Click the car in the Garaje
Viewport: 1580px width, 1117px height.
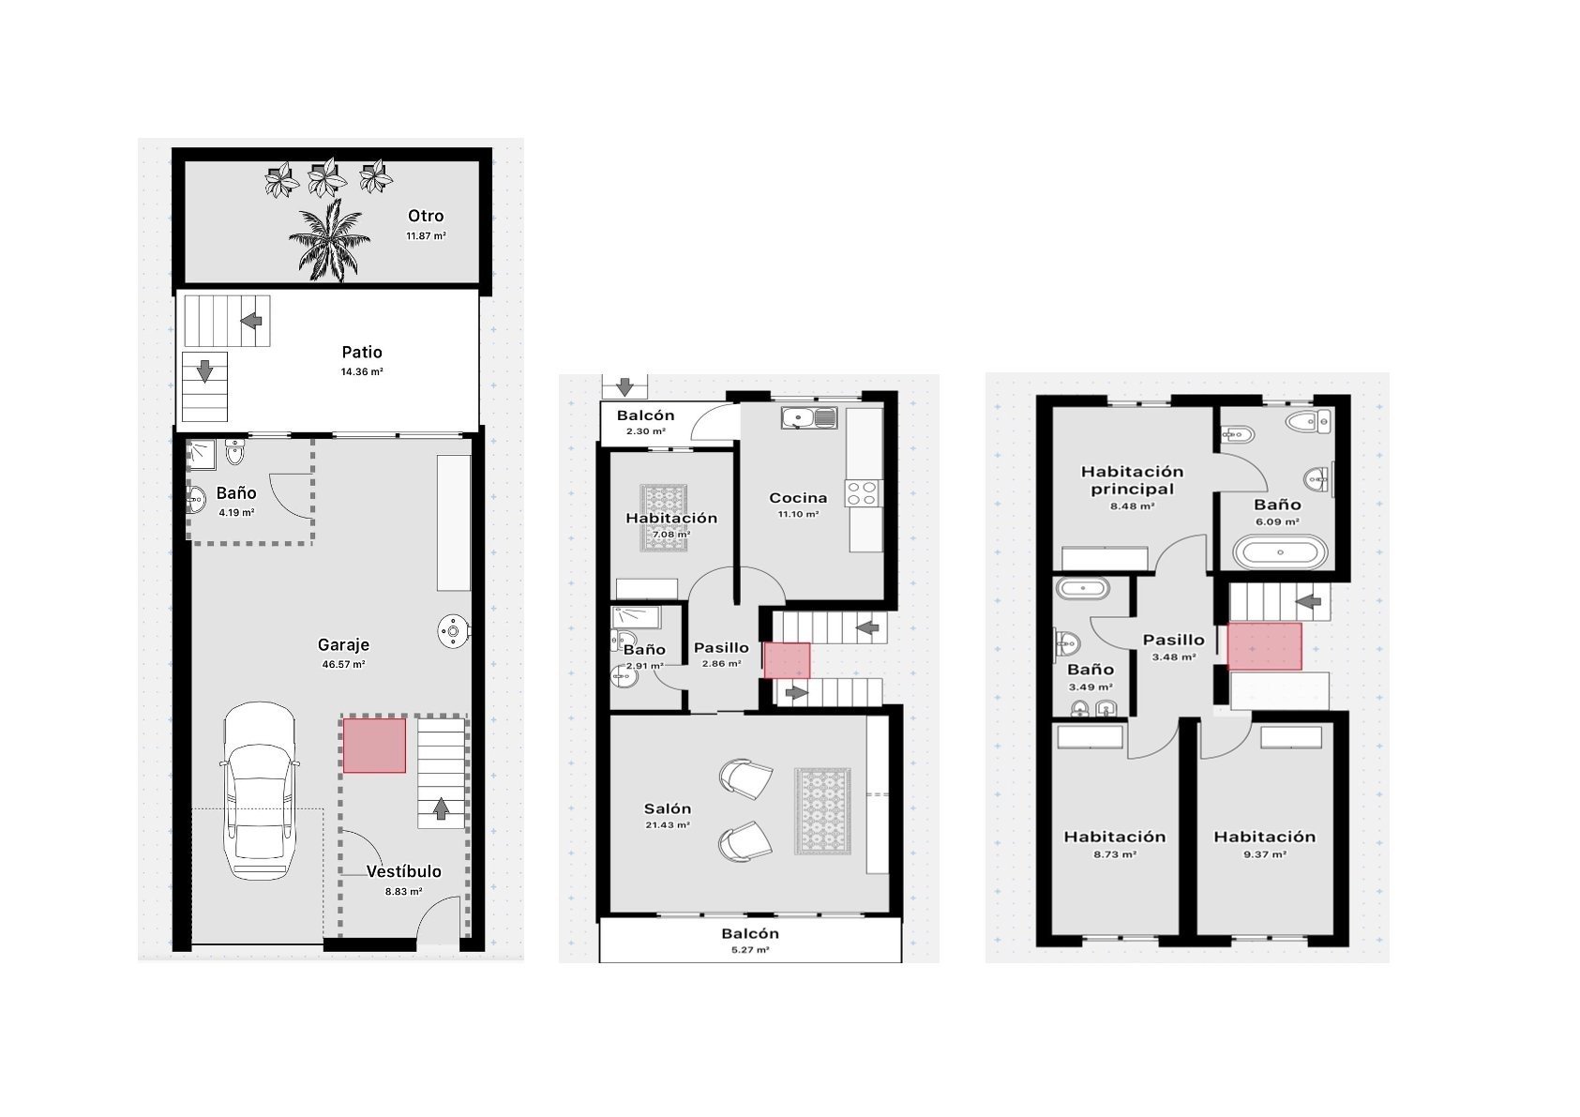point(259,791)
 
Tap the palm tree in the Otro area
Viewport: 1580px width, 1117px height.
point(329,241)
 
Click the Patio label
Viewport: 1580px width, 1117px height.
point(362,352)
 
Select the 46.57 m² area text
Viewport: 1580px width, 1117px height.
point(343,664)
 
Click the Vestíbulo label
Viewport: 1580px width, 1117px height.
point(403,871)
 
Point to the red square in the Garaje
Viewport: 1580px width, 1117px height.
point(374,746)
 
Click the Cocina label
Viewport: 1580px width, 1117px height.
point(798,498)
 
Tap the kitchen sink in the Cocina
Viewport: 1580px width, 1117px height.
point(809,417)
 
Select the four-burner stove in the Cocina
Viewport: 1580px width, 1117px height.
point(862,492)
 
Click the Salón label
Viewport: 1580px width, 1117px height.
point(668,808)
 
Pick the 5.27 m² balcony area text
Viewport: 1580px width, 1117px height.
point(750,950)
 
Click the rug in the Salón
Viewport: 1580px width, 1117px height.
point(822,811)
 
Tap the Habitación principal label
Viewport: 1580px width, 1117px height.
point(1132,480)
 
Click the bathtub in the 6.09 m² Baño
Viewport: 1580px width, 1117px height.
point(1280,552)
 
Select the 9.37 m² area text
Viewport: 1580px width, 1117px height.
point(1264,853)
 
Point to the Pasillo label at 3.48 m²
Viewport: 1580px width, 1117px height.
point(1174,640)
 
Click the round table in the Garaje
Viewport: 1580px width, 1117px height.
point(452,630)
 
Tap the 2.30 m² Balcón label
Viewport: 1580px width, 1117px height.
point(645,415)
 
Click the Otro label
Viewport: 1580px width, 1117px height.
point(426,216)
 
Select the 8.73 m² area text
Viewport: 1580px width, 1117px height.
point(1115,853)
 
